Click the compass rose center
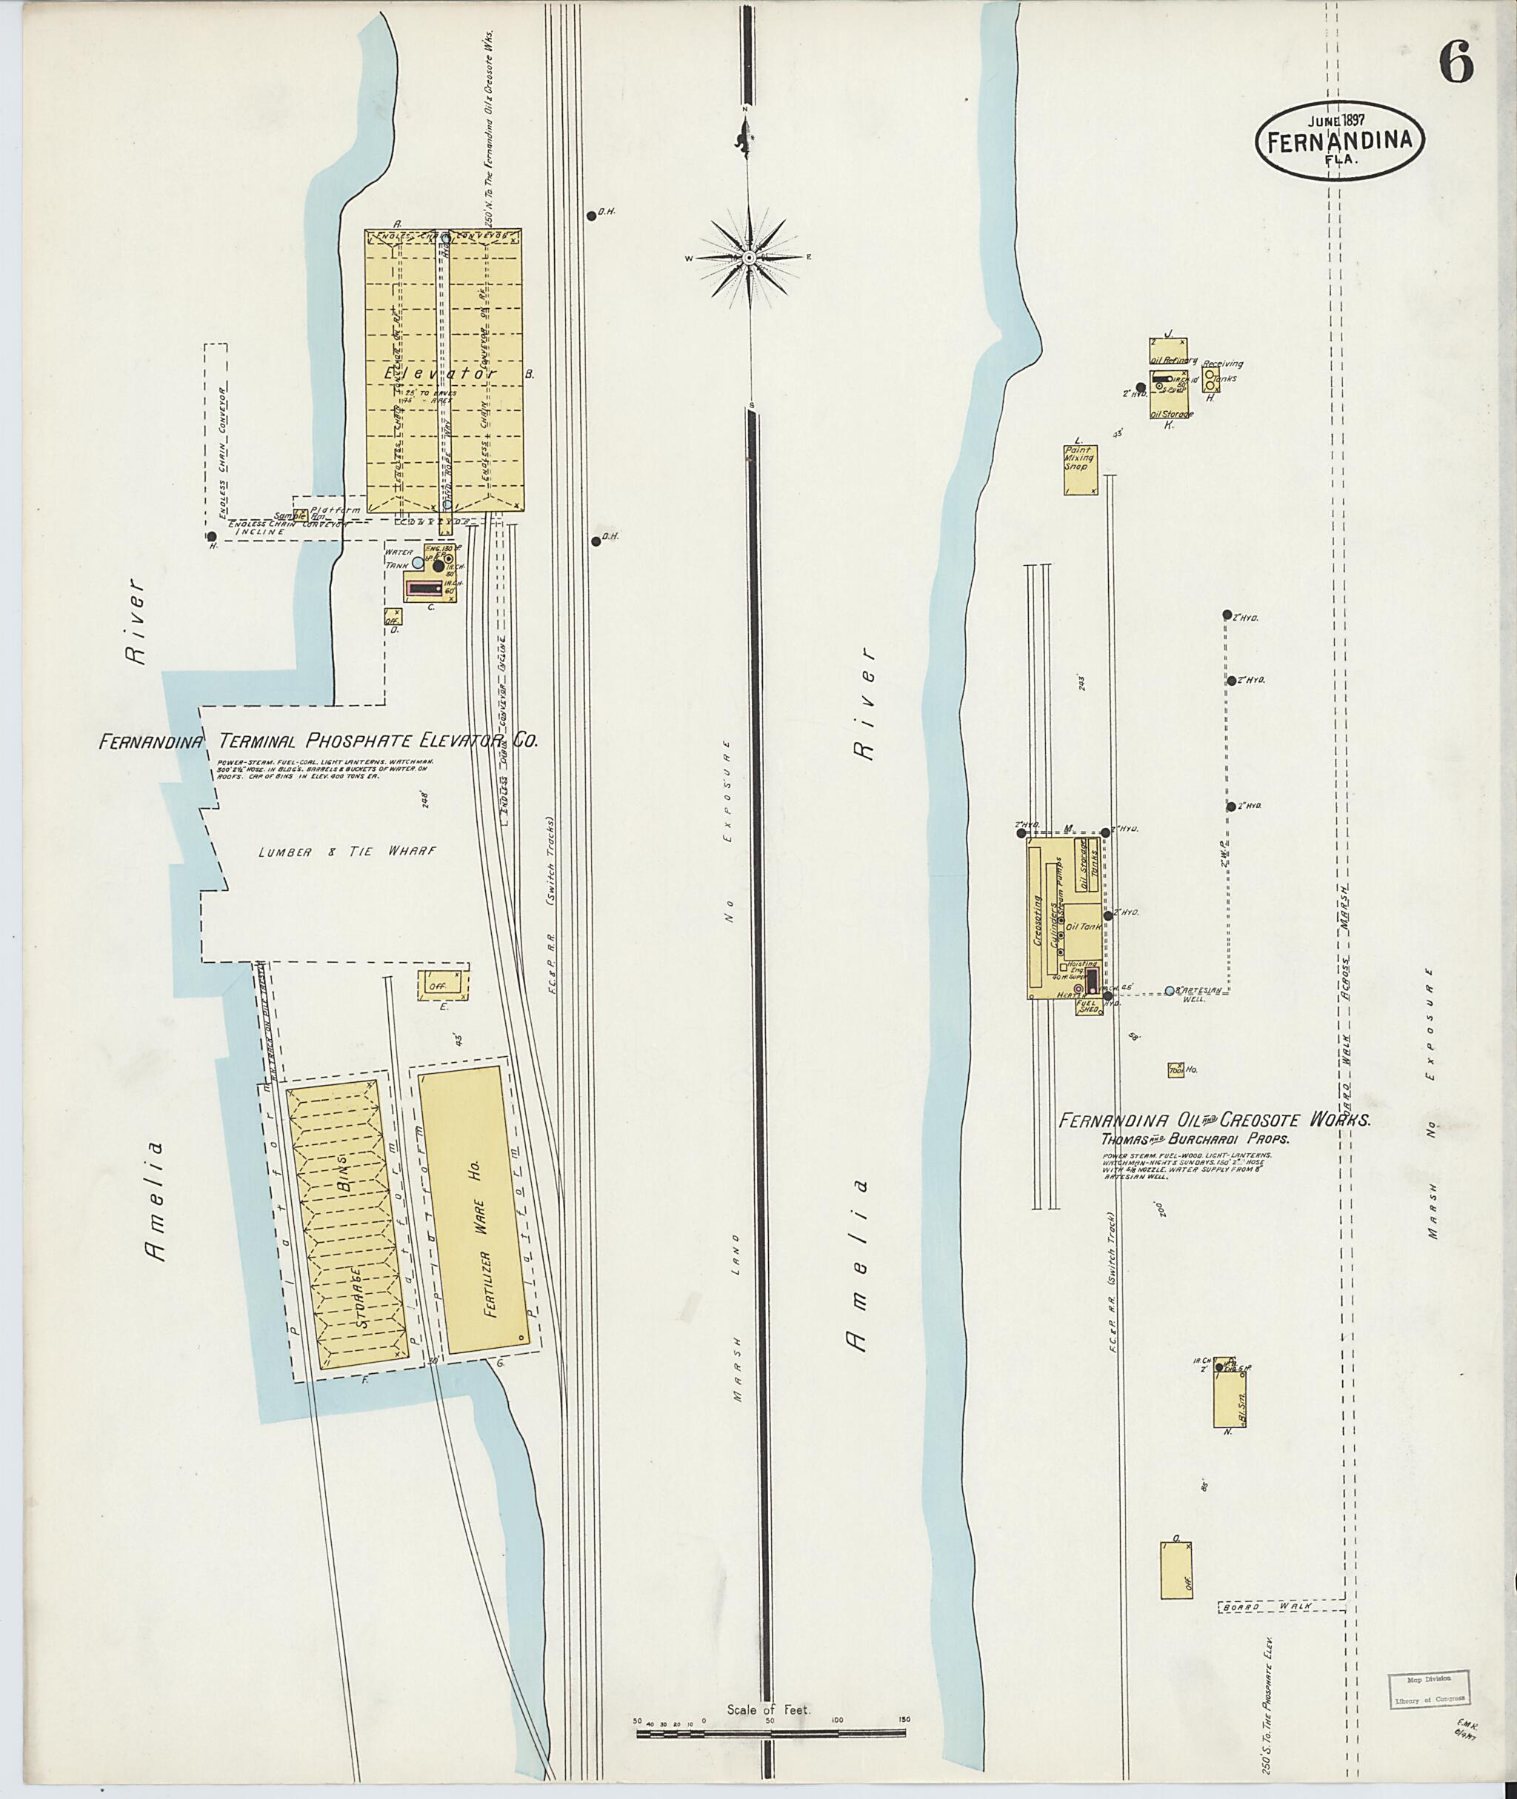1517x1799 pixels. pyautogui.click(x=749, y=257)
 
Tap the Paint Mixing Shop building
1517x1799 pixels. pyautogui.click(x=1080, y=470)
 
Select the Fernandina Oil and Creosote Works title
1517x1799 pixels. pyautogui.click(x=1213, y=1121)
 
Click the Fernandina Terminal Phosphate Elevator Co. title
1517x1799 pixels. pyautogui.click(x=319, y=741)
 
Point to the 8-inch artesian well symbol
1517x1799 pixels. pyautogui.click(x=1170, y=989)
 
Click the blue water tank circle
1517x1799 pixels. pyautogui.click(x=418, y=562)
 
